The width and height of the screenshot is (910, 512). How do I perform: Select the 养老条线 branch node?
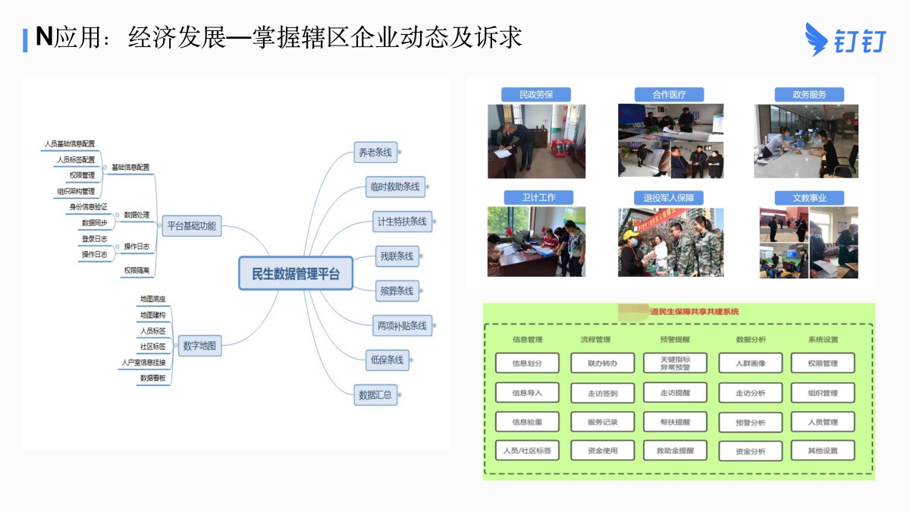click(375, 152)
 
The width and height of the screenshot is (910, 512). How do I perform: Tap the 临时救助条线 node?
click(395, 187)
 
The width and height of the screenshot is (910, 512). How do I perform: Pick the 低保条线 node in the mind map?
click(386, 360)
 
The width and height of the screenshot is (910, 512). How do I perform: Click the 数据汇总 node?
click(375, 394)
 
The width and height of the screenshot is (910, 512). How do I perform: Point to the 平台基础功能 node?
click(191, 225)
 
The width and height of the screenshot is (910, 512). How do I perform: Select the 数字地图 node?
click(199, 347)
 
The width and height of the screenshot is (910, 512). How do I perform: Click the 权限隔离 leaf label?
click(136, 270)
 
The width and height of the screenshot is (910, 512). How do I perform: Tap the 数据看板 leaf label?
click(152, 377)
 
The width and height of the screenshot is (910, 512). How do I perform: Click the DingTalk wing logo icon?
click(817, 39)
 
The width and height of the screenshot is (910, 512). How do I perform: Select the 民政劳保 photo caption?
click(535, 95)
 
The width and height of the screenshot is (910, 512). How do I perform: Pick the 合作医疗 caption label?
click(670, 95)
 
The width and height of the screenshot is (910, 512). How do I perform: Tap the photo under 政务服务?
click(806, 141)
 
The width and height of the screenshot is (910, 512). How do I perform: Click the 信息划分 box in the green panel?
click(527, 363)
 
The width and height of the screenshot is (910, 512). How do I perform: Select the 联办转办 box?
click(603, 363)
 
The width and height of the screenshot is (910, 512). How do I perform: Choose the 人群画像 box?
click(750, 363)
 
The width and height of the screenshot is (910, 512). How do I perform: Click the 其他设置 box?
click(823, 451)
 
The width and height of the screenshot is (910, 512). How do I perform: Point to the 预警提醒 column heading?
click(675, 340)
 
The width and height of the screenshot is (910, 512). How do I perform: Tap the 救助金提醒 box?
click(675, 451)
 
